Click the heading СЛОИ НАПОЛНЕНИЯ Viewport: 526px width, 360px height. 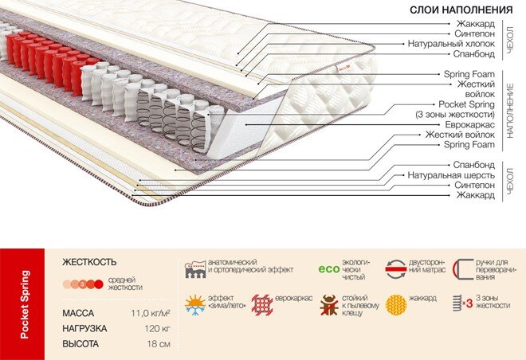[461, 10]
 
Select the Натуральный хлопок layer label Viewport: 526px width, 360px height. [451, 44]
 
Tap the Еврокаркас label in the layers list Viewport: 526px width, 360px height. [469, 125]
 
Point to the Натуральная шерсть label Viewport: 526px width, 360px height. [451, 175]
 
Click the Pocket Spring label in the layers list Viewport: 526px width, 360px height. [466, 104]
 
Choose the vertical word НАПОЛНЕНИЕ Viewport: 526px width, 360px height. [510, 111]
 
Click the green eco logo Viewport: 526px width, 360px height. [328, 269]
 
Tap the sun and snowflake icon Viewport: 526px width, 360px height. [195, 305]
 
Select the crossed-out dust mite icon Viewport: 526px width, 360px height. [328, 305]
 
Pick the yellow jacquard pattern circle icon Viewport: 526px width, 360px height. [396, 305]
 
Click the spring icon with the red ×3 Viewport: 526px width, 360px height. [462, 303]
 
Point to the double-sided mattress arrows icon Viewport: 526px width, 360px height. [396, 269]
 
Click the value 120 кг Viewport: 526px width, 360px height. [157, 328]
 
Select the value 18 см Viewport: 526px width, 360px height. [159, 344]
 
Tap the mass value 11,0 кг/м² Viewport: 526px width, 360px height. [151, 314]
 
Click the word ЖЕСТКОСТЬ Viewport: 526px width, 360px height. [89, 262]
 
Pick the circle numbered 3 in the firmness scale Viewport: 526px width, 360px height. [83, 284]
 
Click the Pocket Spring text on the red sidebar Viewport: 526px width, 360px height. [24, 304]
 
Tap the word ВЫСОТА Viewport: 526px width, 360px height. [80, 344]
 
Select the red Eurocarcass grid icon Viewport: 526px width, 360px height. [262, 305]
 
